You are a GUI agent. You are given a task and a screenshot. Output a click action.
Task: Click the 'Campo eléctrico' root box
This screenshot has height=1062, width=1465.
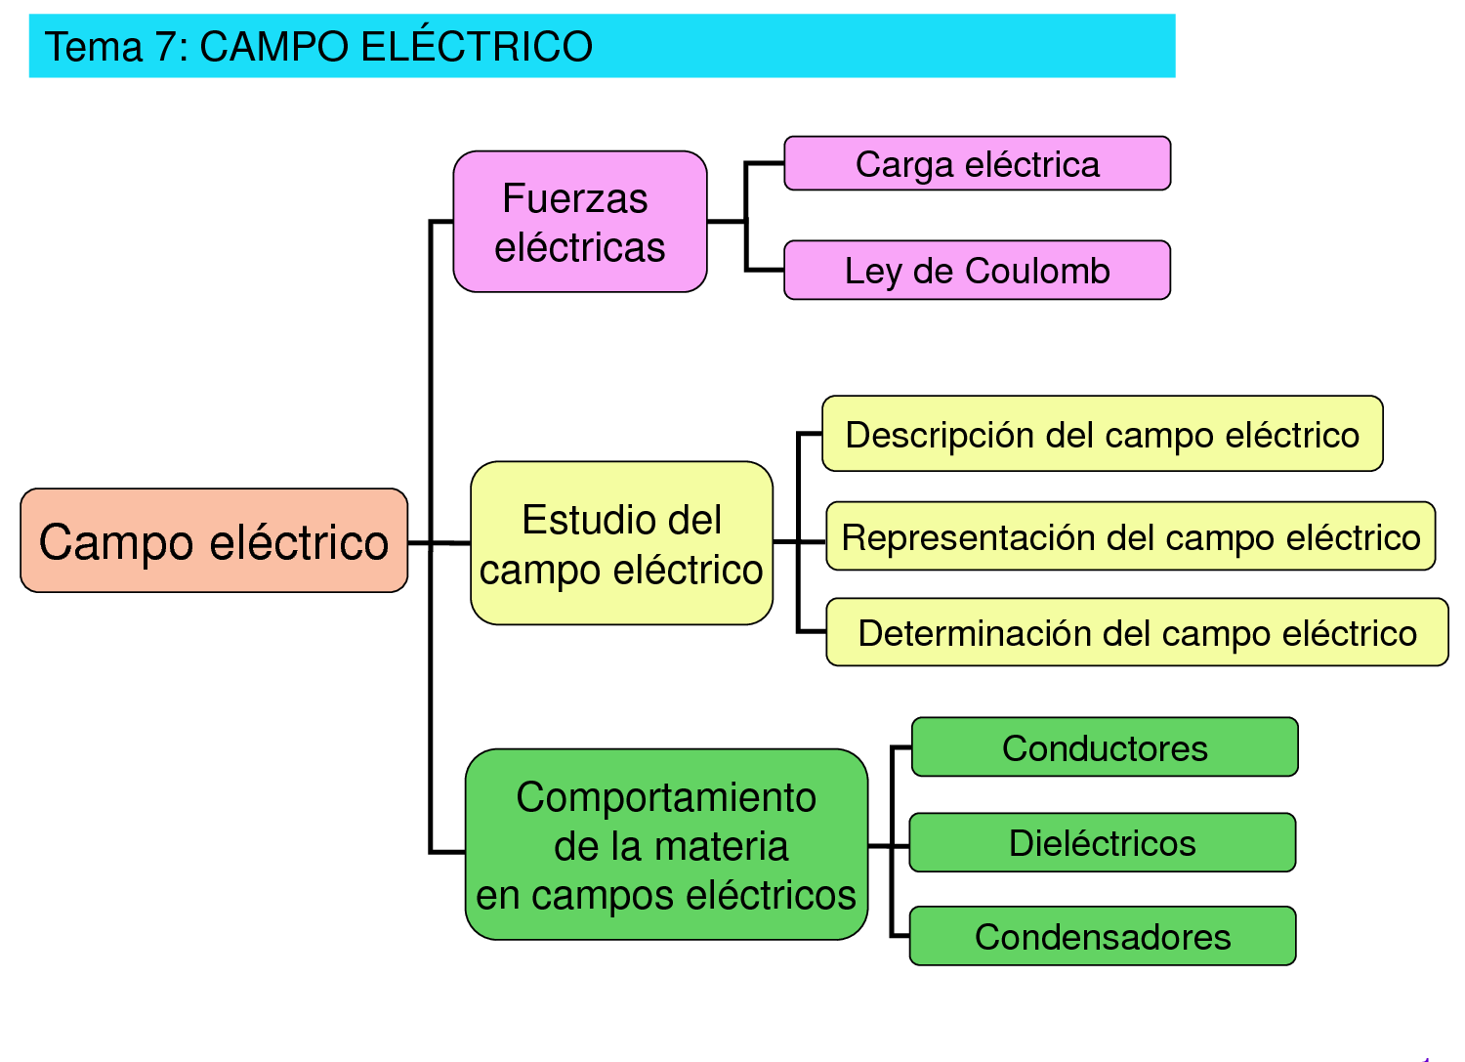pos(214,540)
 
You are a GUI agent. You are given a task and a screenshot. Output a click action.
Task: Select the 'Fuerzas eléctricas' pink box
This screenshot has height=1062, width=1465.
pos(580,222)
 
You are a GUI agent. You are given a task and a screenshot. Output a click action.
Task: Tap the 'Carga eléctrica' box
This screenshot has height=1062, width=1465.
pos(977,164)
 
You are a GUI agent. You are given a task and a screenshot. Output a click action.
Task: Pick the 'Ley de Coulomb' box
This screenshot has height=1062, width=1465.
pos(977,271)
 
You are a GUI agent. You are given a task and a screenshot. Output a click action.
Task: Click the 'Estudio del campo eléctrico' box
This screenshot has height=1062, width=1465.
pos(621,543)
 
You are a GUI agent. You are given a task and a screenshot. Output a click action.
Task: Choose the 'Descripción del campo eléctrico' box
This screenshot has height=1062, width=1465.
pos(1102,435)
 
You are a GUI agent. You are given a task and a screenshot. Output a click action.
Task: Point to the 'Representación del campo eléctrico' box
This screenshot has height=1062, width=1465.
pos(1130,536)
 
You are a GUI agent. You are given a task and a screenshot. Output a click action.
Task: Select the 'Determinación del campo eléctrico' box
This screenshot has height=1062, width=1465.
pos(1137,633)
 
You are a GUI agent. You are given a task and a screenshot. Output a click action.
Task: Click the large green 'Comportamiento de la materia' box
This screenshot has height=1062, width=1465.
pos(666,845)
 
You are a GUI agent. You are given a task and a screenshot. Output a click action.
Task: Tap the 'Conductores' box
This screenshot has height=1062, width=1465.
pos(1105,748)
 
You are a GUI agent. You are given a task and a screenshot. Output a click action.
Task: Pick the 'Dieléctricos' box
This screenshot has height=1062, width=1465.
pos(1102,843)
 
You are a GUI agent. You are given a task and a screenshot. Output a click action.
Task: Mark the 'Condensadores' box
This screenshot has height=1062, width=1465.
pos(1102,937)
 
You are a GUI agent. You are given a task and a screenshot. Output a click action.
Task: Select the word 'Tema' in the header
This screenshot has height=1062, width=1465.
pos(94,47)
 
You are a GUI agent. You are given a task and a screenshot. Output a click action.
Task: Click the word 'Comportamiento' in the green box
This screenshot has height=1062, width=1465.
pos(666,798)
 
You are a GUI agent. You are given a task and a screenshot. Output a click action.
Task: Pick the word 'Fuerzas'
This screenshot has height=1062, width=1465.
pos(575,199)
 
